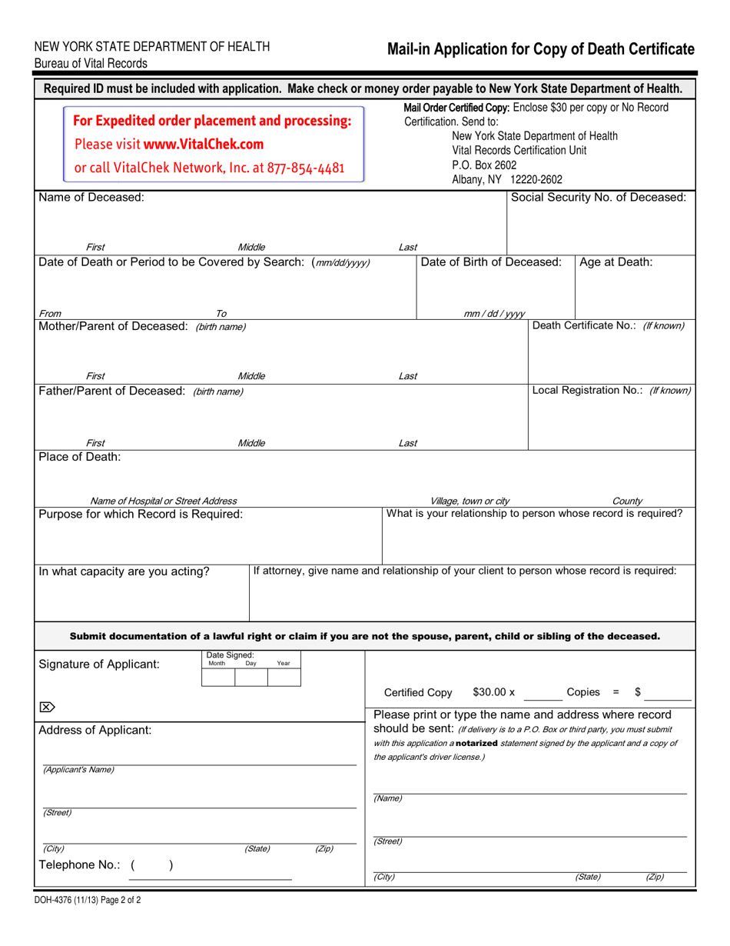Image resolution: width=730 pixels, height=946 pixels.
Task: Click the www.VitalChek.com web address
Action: [x=204, y=144]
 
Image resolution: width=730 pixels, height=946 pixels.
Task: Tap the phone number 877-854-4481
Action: [x=306, y=168]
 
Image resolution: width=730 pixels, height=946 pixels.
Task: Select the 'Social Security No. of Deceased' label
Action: [x=599, y=198]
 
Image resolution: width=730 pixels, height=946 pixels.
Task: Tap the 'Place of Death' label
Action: [x=80, y=457]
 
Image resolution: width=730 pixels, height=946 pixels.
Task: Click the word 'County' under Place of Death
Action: [x=627, y=501]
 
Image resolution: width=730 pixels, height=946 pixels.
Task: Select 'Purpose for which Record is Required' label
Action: [x=141, y=514]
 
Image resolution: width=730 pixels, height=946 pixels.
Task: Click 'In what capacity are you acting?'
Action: [x=124, y=571]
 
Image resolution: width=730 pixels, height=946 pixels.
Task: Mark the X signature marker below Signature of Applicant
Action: [x=47, y=707]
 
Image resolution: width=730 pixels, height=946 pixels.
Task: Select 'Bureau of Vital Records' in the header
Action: [x=91, y=64]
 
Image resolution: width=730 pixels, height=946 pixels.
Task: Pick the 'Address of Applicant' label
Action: [x=95, y=730]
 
